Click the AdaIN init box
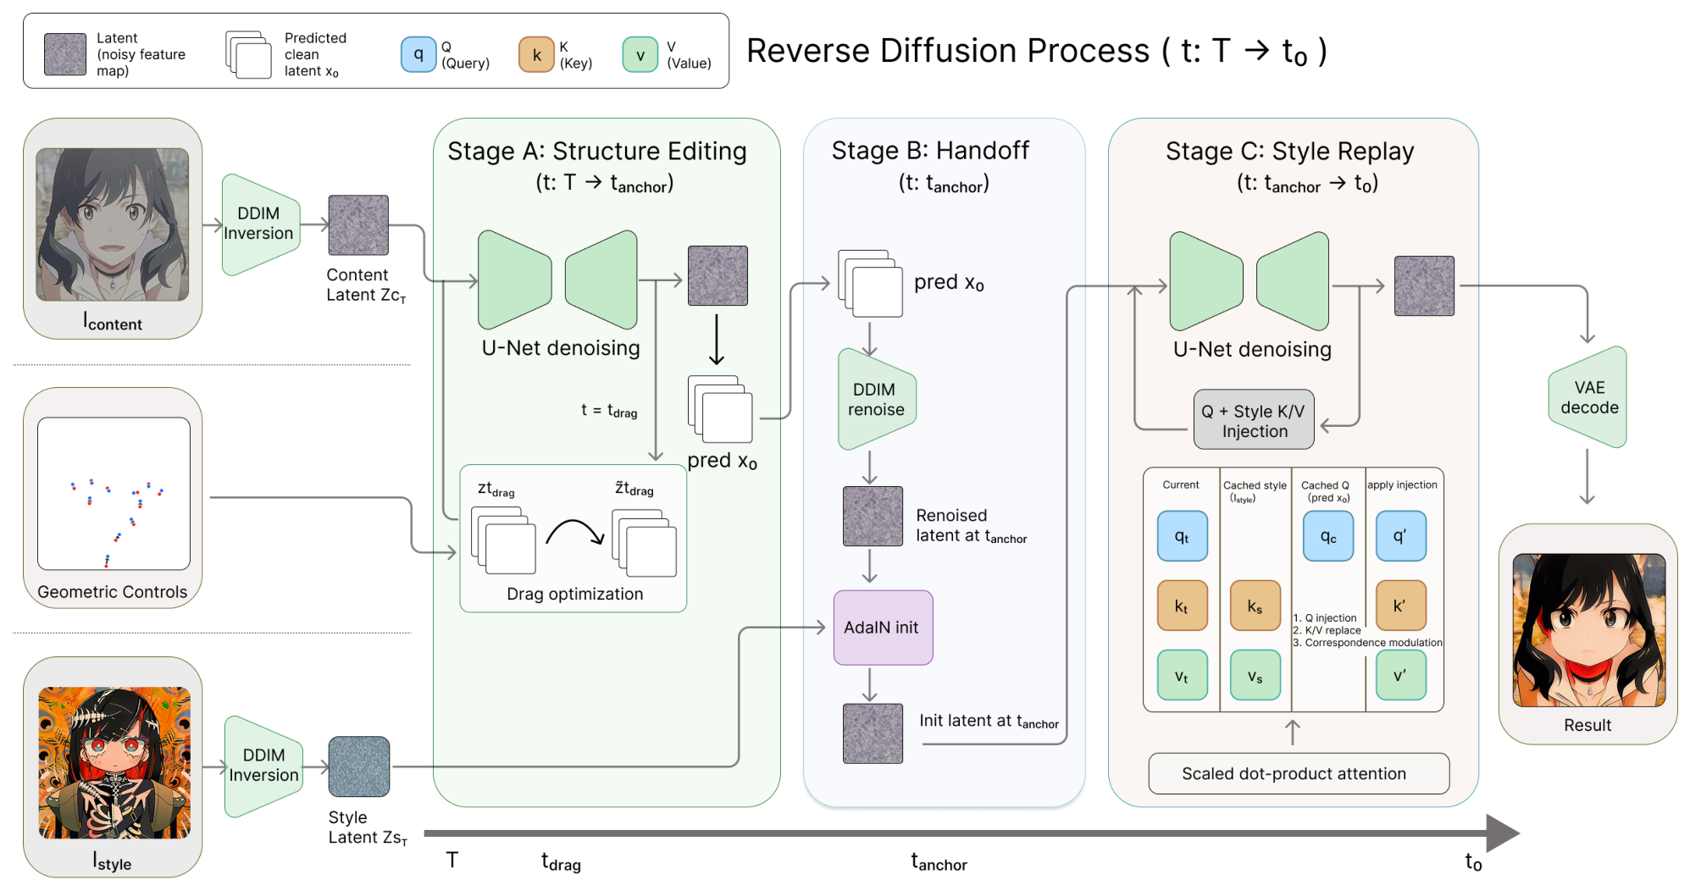point(883,627)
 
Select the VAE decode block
point(1587,396)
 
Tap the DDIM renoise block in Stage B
point(877,399)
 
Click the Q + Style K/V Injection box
point(1254,420)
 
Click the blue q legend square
point(418,54)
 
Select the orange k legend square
point(536,54)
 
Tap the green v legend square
point(640,54)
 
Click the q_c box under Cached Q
point(1328,536)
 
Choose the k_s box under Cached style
point(1255,606)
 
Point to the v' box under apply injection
point(1401,675)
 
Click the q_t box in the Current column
point(1183,536)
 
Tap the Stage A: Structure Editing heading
point(597,151)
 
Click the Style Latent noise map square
point(359,766)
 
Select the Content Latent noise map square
point(358,224)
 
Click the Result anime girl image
point(1588,630)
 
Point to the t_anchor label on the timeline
point(939,862)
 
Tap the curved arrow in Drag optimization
point(575,532)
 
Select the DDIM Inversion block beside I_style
point(263,766)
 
